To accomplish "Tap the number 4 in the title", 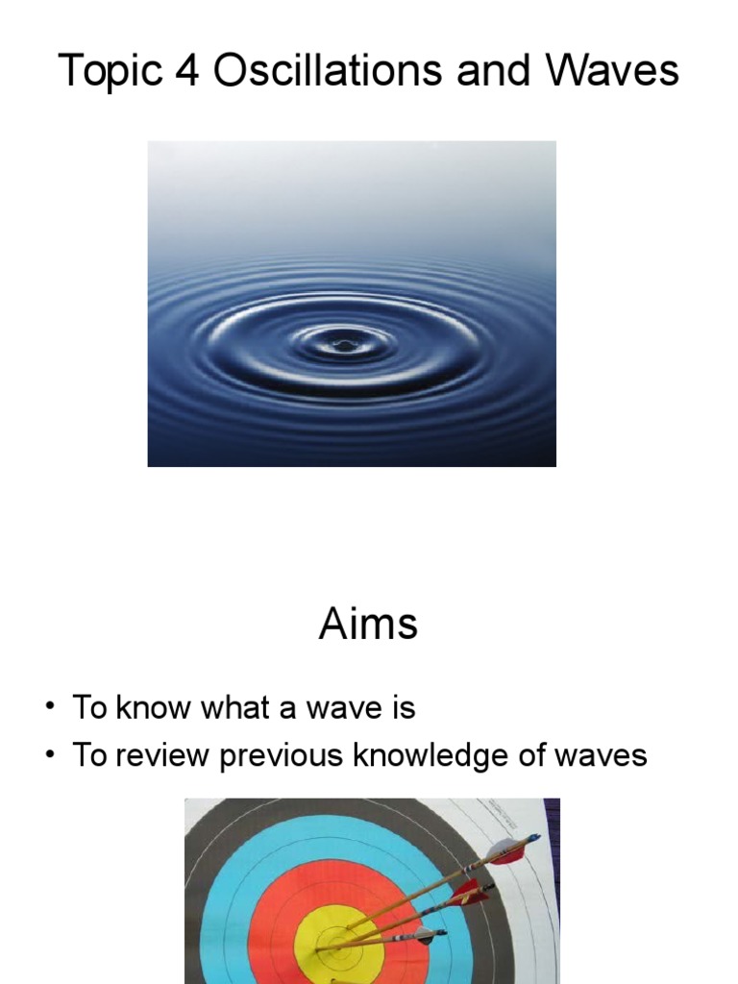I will [x=188, y=72].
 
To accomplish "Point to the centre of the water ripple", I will [x=340, y=342].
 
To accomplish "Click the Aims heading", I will [x=368, y=626].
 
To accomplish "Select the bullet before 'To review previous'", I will [x=48, y=757].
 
